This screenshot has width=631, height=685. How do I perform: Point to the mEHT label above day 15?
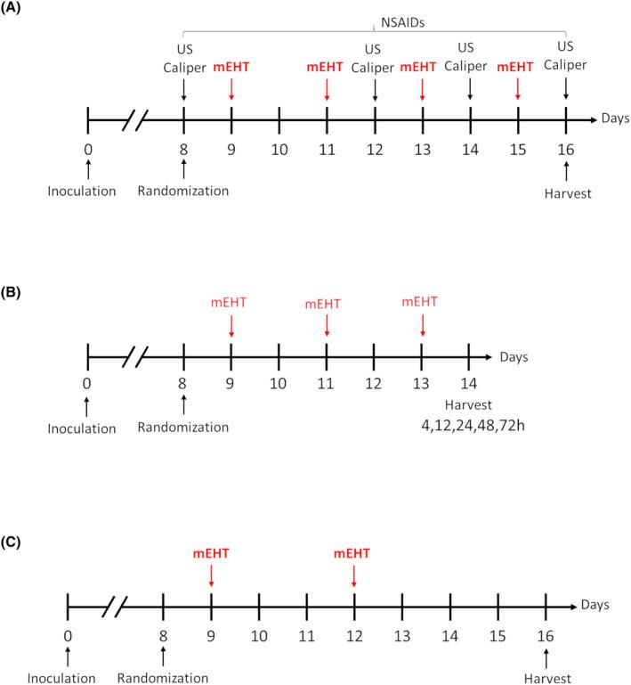518,66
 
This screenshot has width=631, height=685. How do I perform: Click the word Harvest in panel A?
566,189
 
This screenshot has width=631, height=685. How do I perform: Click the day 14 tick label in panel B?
470,384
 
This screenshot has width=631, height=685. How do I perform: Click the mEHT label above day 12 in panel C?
354,554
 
